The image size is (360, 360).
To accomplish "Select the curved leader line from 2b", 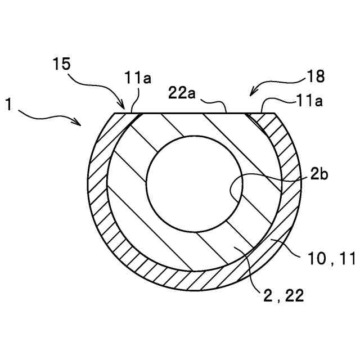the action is point(264,177).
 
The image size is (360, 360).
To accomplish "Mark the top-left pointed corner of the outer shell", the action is point(115,113).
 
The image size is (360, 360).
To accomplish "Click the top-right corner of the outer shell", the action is point(275,113).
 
